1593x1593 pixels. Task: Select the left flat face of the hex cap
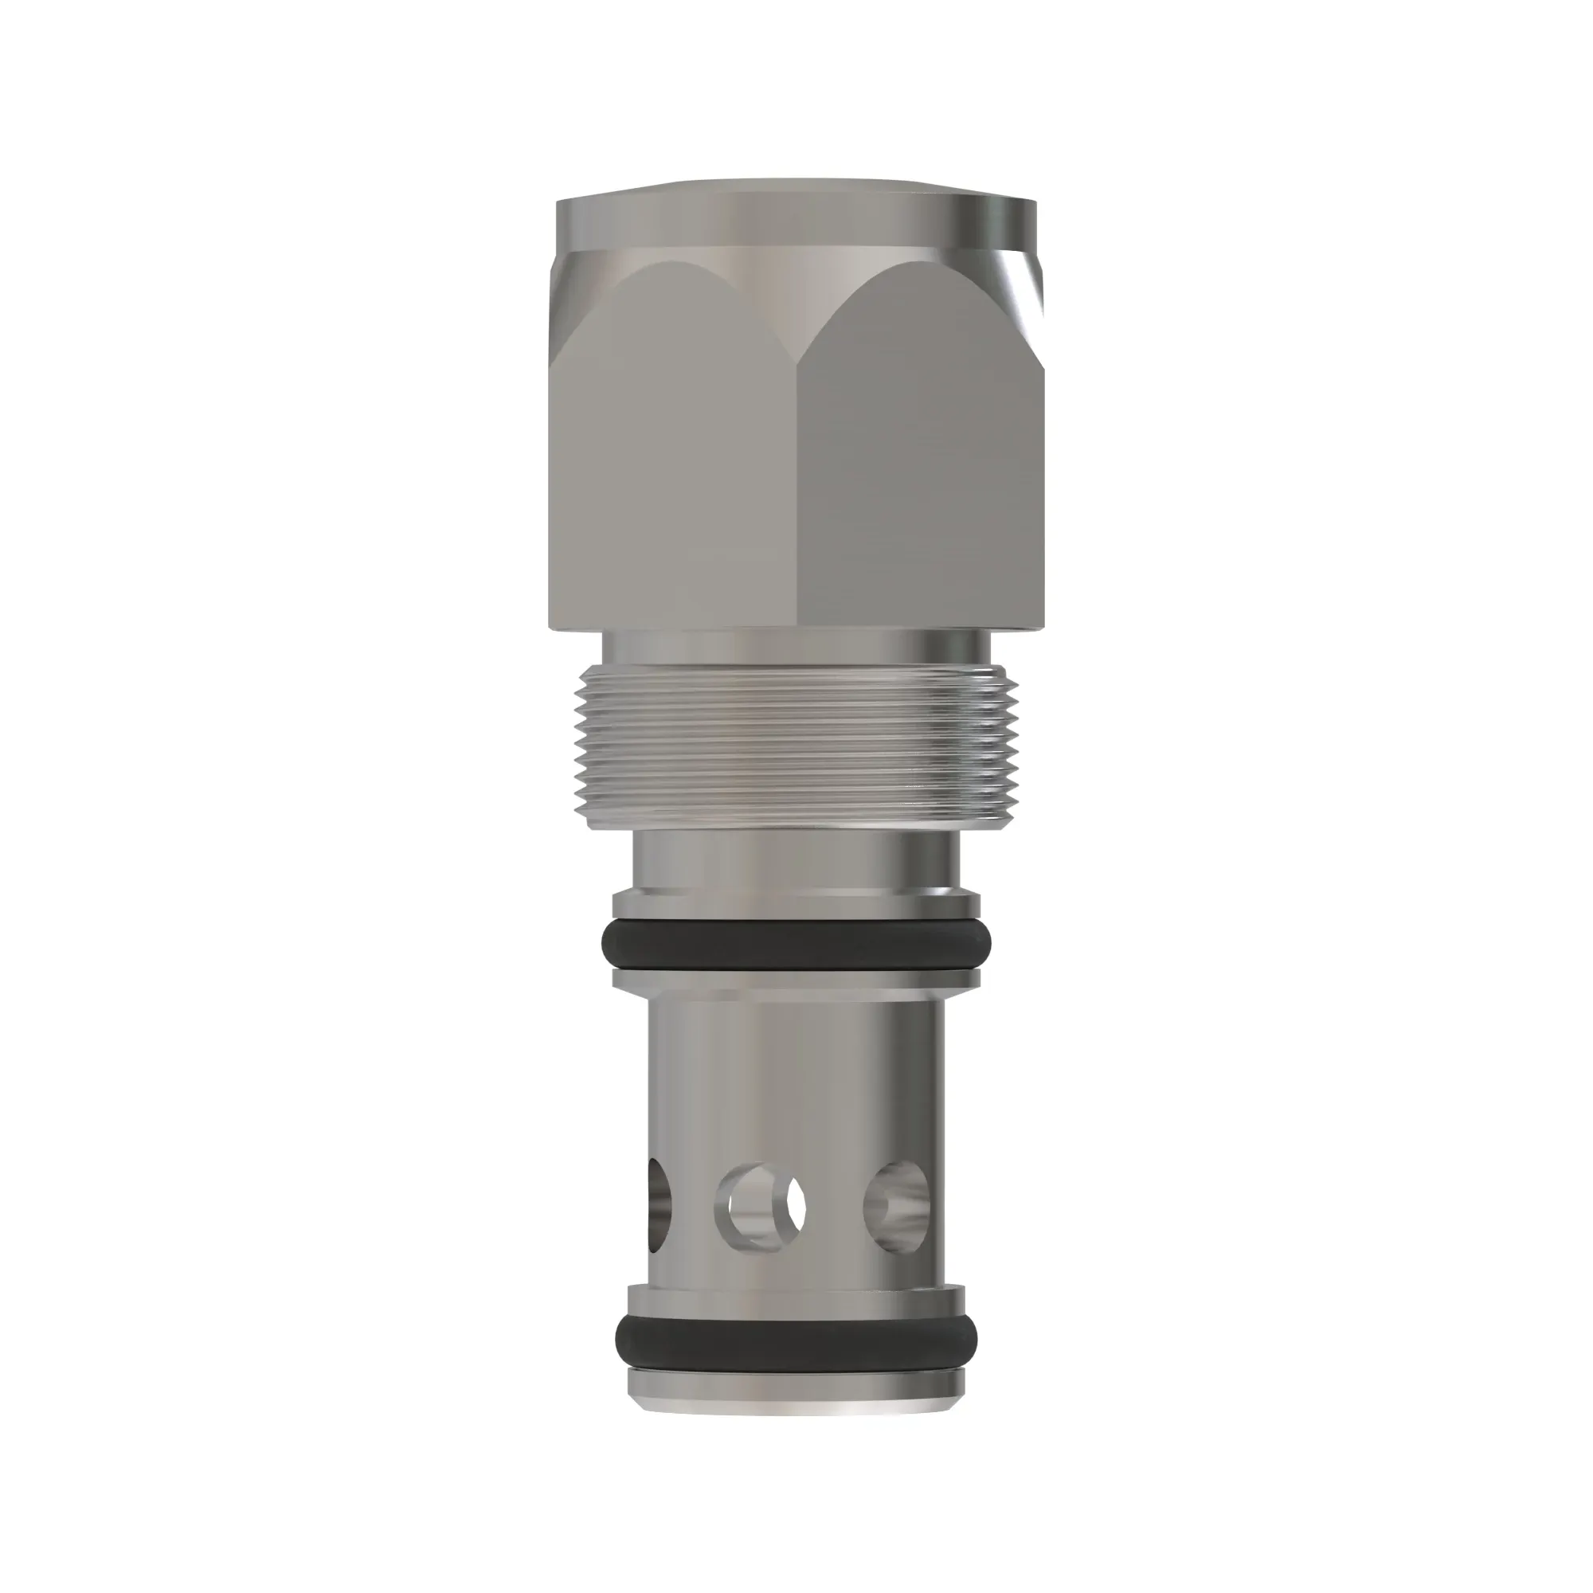click(672, 462)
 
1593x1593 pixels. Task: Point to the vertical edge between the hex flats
click(797, 495)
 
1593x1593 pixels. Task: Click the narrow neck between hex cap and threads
click(796, 651)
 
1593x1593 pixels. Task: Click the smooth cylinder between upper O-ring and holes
click(796, 1072)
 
